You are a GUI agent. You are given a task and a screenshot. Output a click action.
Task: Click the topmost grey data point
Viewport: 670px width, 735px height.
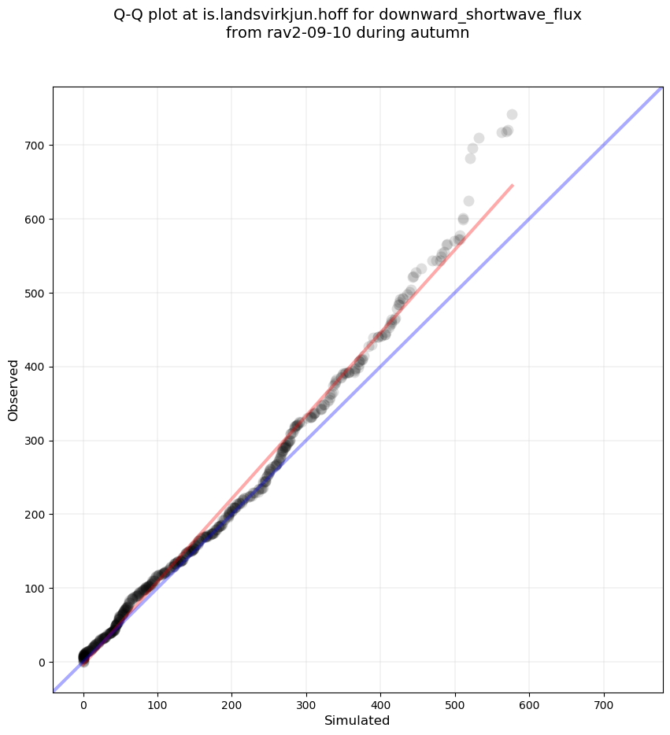(x=512, y=115)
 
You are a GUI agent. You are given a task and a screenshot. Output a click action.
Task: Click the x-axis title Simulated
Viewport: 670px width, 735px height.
(x=357, y=720)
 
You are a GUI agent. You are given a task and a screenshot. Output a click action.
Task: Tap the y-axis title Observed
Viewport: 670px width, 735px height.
(x=13, y=390)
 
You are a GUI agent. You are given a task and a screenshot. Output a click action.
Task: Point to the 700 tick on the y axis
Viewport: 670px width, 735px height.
(x=53, y=146)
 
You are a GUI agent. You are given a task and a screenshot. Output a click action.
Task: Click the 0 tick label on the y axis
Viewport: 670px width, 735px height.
(x=42, y=662)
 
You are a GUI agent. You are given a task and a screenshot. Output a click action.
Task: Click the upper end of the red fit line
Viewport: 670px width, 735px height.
(x=513, y=186)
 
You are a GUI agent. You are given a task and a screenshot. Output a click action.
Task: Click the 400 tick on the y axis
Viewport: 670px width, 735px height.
(x=53, y=367)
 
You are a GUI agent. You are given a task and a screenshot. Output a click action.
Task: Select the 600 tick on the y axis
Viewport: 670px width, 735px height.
(x=53, y=219)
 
